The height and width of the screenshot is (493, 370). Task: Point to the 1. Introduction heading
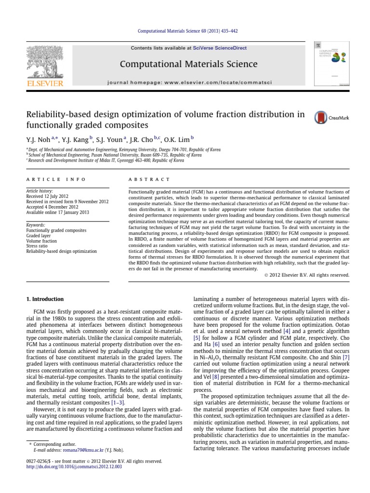[x=45, y=299]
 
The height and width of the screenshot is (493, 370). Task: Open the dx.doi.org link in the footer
[x=74, y=467]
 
